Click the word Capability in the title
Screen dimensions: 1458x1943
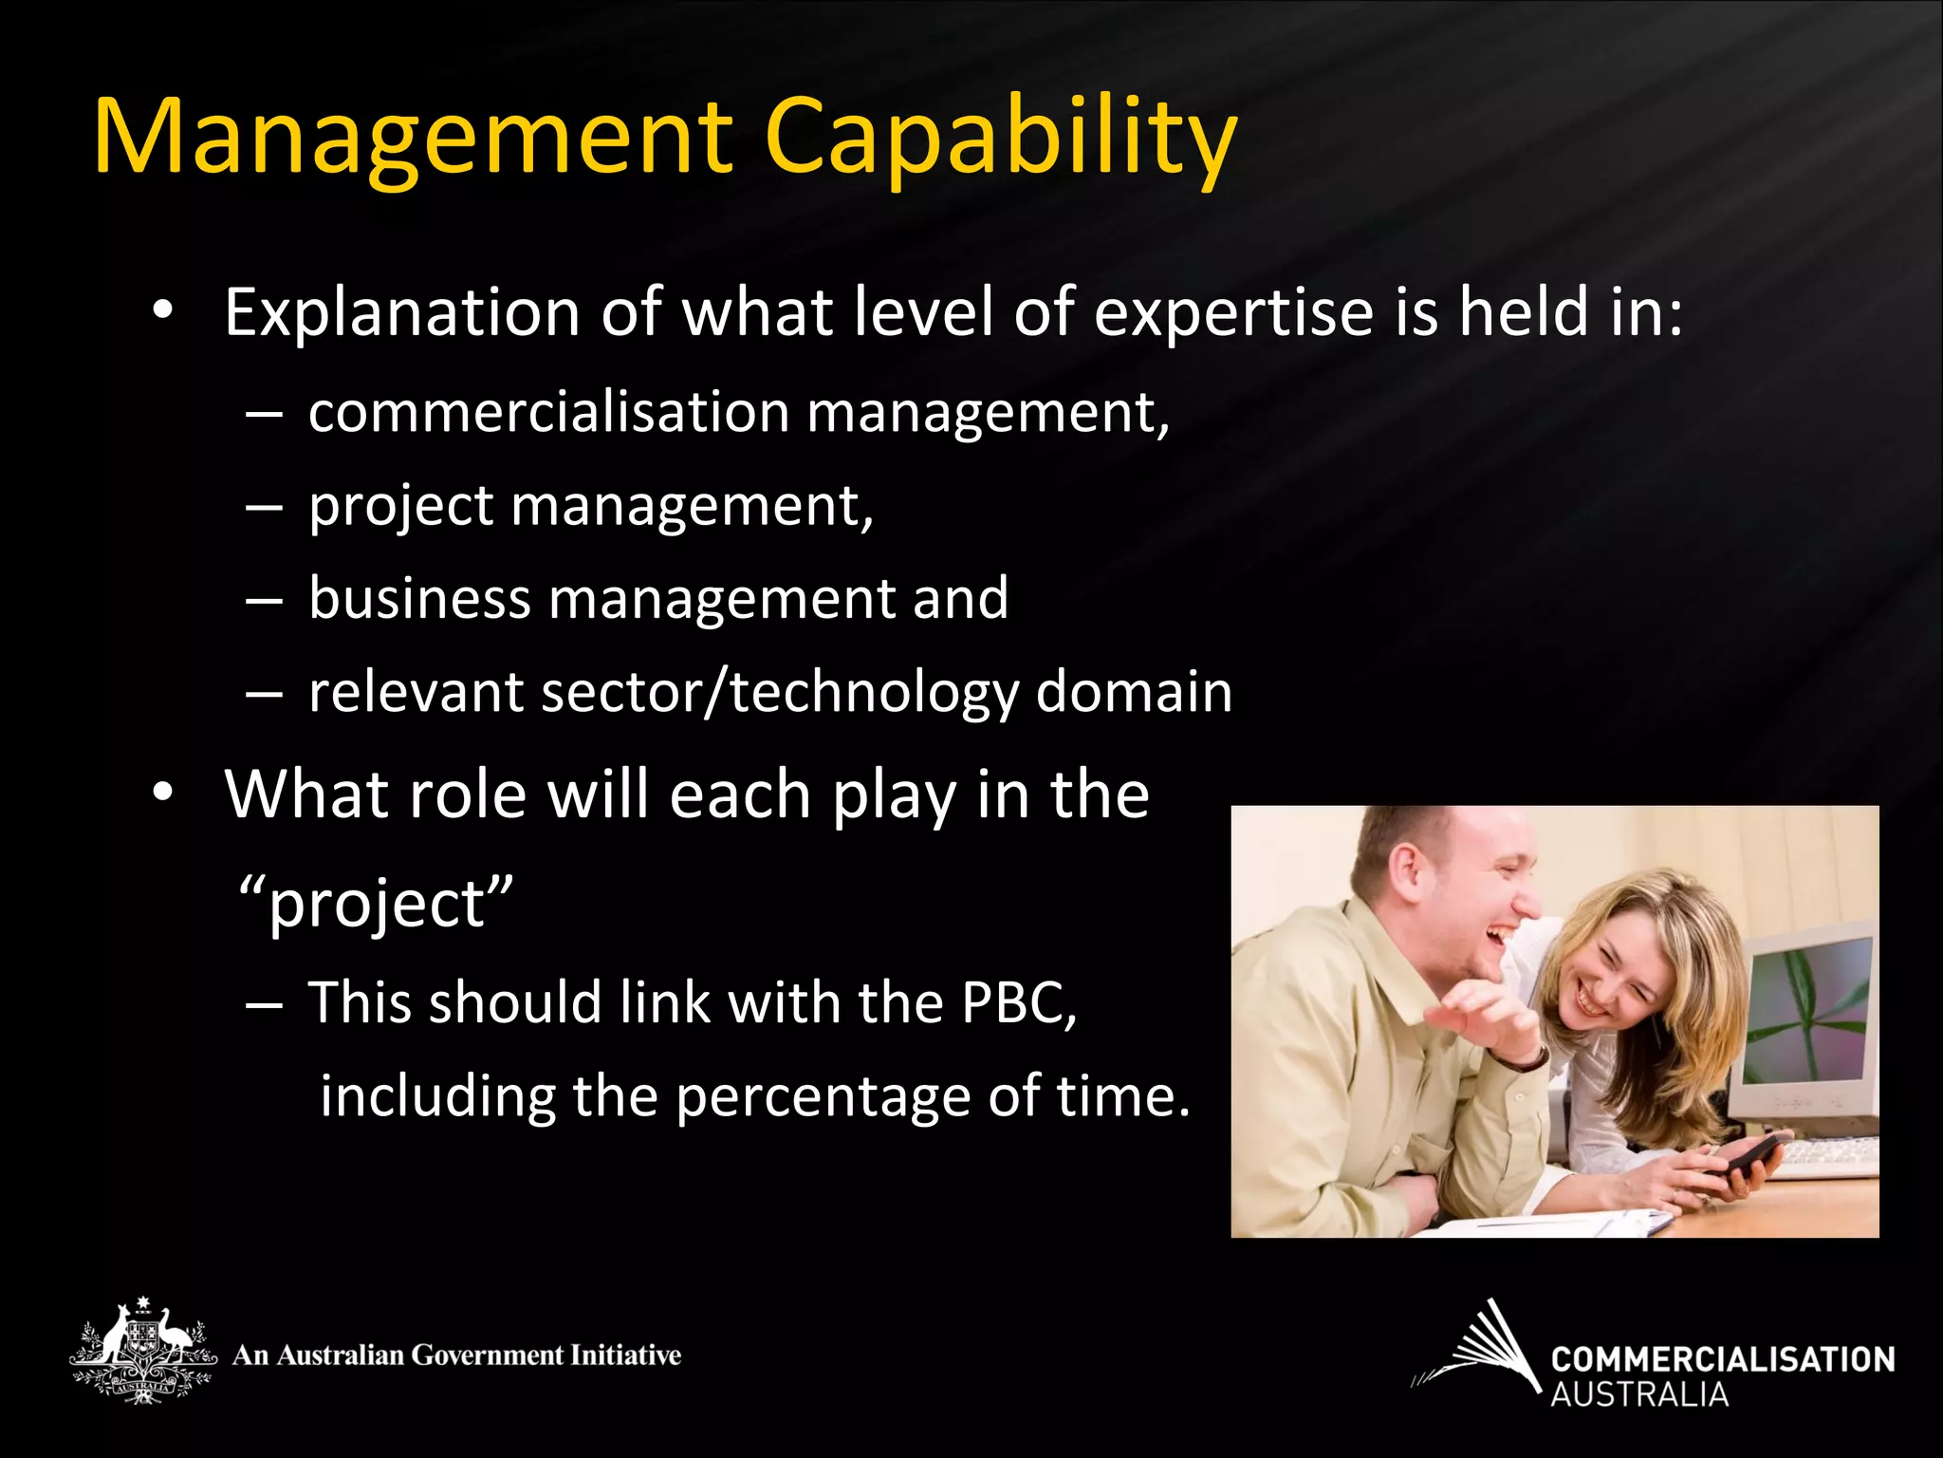click(x=1000, y=138)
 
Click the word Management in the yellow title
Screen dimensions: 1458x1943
click(x=414, y=138)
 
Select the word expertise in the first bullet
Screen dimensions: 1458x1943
click(x=1233, y=313)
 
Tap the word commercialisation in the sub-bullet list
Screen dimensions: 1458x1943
click(x=549, y=413)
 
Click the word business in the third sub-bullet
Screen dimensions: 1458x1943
click(x=419, y=599)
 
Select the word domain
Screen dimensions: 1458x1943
click(x=1134, y=691)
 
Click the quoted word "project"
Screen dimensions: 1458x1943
click(x=376, y=903)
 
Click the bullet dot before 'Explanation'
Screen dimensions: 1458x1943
click(x=163, y=311)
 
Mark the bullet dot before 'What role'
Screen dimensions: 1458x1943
click(x=163, y=793)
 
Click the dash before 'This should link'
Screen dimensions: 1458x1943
click(x=264, y=1003)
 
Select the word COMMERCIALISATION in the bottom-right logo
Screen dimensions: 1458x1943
click(x=1722, y=1359)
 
